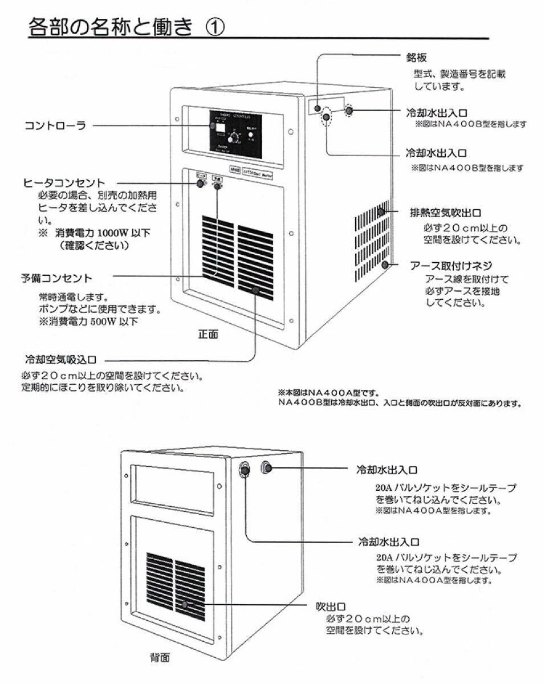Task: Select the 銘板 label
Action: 416,58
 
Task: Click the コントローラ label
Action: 55,126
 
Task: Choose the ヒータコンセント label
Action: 64,182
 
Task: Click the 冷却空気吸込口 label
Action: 60,360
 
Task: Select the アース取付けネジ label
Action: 451,266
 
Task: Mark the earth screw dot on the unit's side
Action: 386,264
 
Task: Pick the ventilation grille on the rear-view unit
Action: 175,585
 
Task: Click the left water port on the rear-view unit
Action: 244,469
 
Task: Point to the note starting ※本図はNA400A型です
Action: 327,393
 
